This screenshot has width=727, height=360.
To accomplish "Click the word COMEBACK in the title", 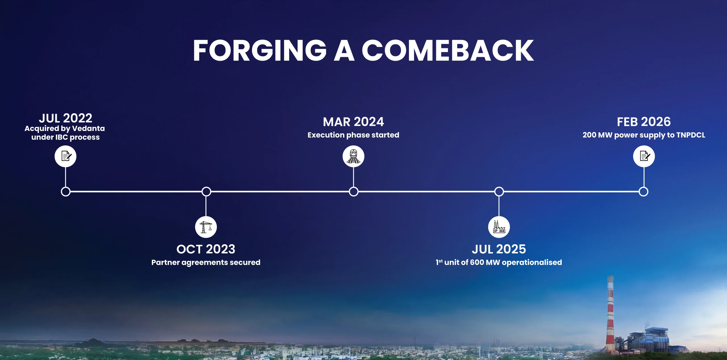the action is [448, 51].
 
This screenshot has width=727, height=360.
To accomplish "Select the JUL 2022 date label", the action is [66, 118].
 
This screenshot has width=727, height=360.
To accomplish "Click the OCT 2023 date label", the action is [206, 249].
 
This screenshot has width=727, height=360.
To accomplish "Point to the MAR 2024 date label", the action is [353, 122].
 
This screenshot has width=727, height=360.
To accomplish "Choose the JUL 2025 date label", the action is [499, 249].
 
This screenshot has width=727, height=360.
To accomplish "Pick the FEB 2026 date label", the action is [644, 122].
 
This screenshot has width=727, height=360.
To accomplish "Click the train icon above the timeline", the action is [353, 156].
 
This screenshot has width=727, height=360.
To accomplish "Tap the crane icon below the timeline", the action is [206, 227].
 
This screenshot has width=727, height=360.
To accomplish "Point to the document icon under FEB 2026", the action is [644, 156].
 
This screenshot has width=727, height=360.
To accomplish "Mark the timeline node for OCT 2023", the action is [206, 192].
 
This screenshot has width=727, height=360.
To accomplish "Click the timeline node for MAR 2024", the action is [354, 192].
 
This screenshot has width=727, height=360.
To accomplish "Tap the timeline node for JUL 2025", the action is [499, 192].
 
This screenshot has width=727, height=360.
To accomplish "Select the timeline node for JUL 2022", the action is [66, 192].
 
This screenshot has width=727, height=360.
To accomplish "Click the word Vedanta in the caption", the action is [88, 128].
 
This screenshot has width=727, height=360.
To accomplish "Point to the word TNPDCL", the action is [691, 135].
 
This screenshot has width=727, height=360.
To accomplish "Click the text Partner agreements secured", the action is [206, 263].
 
